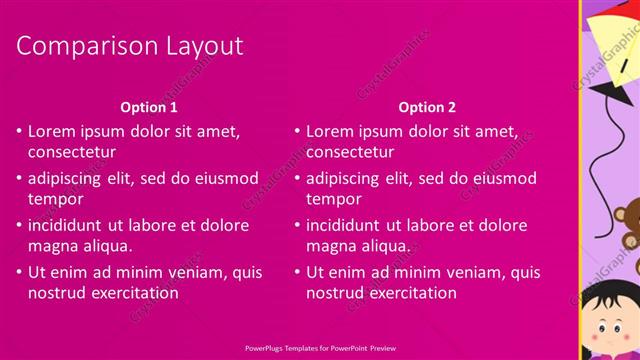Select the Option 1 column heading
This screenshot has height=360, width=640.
(x=149, y=107)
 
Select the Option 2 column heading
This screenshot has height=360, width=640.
(x=427, y=107)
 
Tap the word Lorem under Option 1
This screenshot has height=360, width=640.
(x=53, y=131)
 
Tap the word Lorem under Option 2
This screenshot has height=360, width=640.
(x=331, y=131)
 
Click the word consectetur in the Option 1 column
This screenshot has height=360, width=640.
(x=71, y=153)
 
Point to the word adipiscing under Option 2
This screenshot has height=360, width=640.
(x=343, y=179)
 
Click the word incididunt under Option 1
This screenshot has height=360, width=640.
(x=69, y=225)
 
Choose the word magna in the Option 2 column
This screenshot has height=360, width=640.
(x=330, y=247)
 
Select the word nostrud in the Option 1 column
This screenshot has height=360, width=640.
(x=56, y=293)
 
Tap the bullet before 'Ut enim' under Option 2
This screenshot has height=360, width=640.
(x=297, y=272)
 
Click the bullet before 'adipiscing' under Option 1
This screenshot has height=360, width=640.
(x=19, y=179)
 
